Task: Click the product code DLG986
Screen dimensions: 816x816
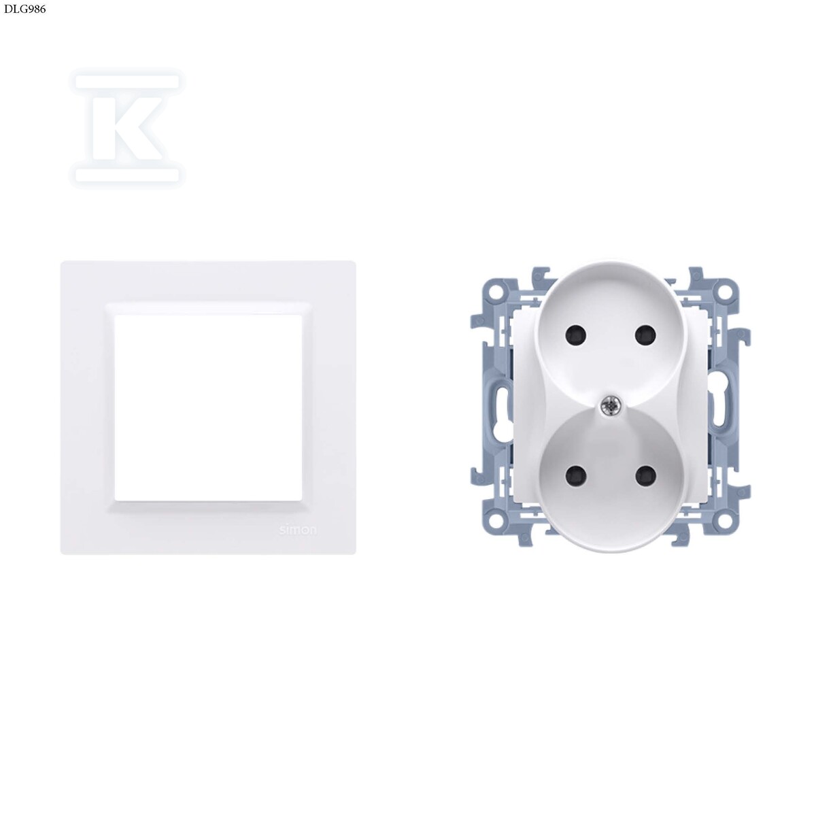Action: [24, 9]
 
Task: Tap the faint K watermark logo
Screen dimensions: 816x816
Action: [127, 127]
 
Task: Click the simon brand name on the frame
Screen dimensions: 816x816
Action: [298, 530]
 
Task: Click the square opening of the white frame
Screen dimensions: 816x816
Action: [208, 407]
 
